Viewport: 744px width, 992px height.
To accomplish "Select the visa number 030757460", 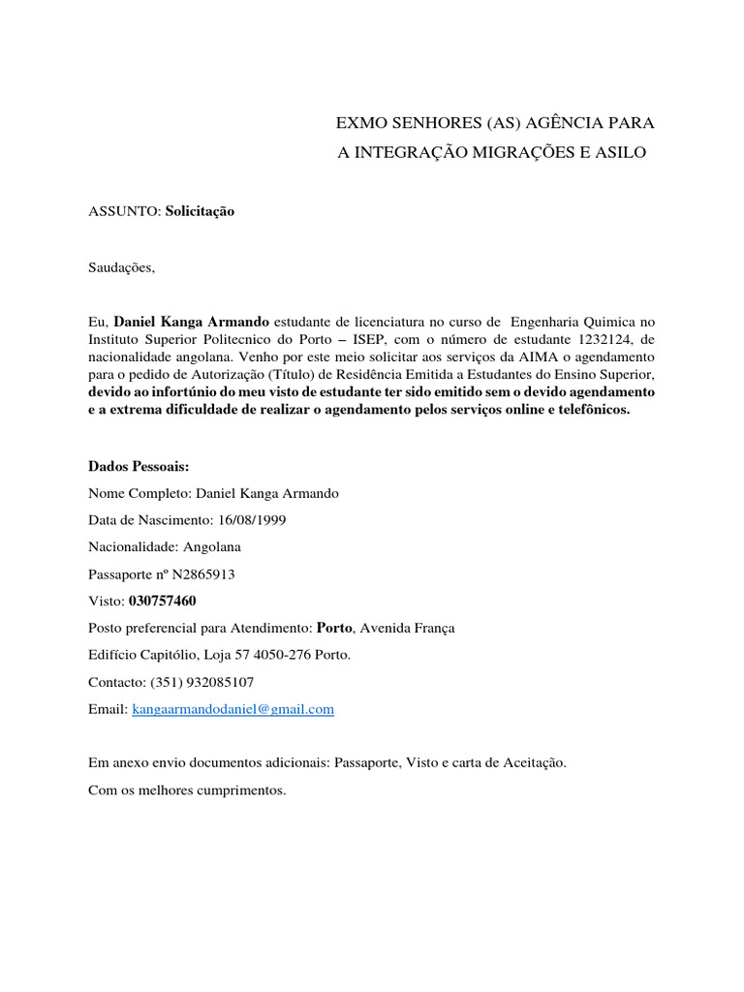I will pyautogui.click(x=162, y=601).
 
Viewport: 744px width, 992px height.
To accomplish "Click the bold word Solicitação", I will pyautogui.click(x=200, y=210).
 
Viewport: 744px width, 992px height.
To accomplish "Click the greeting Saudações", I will pyautogui.click(x=120, y=267).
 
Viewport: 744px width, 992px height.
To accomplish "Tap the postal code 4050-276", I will pyautogui.click(x=266, y=655).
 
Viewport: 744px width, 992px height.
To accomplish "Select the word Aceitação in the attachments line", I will pyautogui.click(x=533, y=762).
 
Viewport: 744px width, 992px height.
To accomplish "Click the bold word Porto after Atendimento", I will pyautogui.click(x=334, y=628).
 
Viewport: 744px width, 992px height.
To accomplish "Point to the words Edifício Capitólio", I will pyautogui.click(x=138, y=655).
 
